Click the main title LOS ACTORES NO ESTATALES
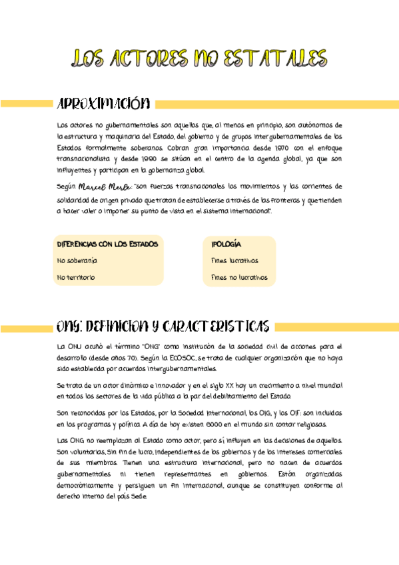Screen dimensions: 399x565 point(199,58)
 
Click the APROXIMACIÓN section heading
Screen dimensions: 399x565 point(104,104)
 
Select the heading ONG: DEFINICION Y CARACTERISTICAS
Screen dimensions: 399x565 point(163,326)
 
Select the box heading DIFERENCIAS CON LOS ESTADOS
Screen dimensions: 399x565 point(107,245)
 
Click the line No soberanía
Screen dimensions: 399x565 point(77,261)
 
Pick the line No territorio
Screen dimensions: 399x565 point(76,277)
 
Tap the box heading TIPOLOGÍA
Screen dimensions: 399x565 point(226,245)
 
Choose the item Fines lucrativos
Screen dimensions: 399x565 point(234,261)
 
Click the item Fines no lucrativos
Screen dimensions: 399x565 point(239,277)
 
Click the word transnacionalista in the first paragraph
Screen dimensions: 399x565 point(85,159)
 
